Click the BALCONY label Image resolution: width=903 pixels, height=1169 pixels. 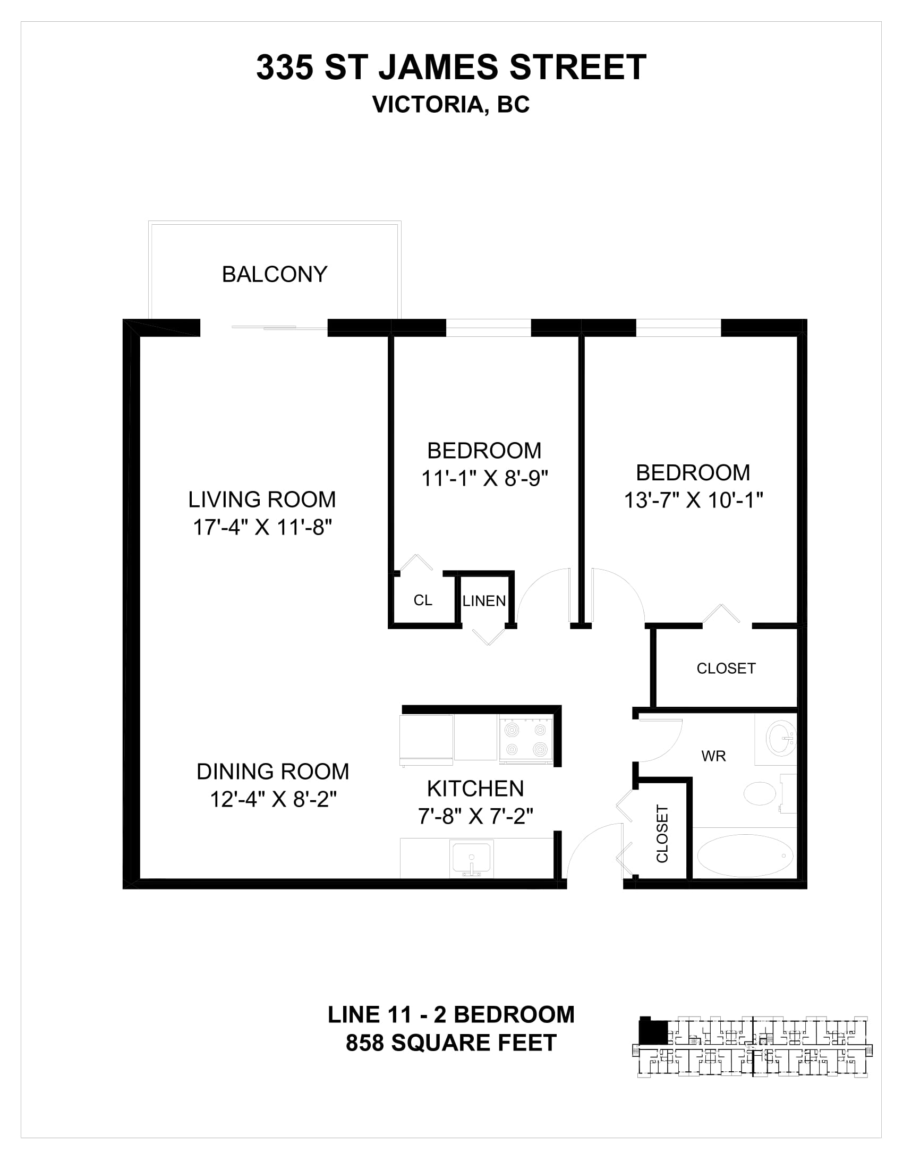[275, 275]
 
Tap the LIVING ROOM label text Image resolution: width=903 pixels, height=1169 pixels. [262, 499]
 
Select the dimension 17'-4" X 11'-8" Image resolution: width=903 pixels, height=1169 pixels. [262, 527]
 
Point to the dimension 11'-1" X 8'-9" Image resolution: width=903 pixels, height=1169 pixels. [484, 478]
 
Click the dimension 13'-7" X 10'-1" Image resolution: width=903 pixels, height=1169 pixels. [693, 501]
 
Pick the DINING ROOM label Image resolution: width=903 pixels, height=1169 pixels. [273, 772]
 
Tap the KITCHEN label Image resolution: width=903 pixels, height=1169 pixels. [475, 789]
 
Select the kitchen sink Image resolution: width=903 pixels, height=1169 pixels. [471, 858]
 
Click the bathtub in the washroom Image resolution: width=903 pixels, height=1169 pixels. [745, 855]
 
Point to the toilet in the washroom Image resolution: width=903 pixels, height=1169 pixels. [766, 793]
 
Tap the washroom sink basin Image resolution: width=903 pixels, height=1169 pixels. [781, 739]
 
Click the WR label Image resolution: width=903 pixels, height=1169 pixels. [713, 756]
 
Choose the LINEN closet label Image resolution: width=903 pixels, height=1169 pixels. [484, 601]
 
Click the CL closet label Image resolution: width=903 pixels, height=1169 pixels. [423, 600]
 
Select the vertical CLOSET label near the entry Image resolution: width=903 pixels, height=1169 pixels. [662, 834]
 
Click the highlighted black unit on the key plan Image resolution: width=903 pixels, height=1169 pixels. [653, 1030]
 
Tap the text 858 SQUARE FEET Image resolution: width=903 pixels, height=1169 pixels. [451, 1043]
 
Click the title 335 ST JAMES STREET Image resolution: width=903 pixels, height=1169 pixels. [451, 67]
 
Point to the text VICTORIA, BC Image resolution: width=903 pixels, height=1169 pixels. [451, 105]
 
